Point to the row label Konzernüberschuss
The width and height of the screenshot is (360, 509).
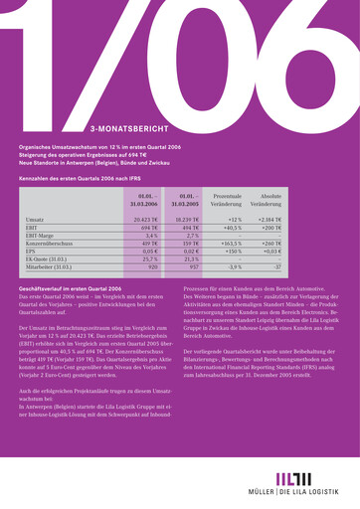point(49,245)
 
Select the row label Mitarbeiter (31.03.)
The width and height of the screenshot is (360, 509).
point(49,267)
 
